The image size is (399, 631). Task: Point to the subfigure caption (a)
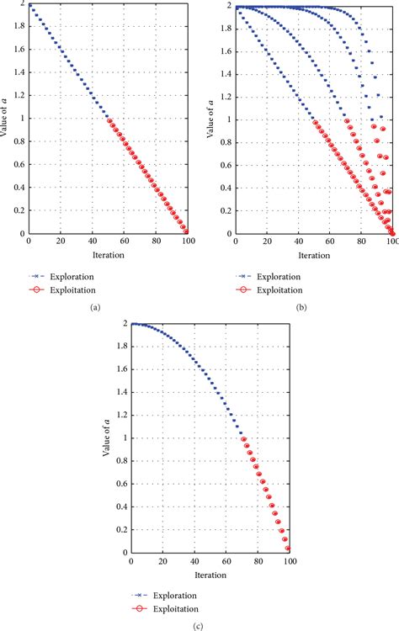[95, 308]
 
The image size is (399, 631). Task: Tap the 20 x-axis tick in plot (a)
[61, 241]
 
